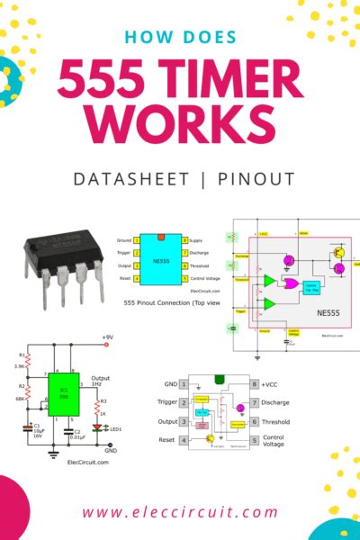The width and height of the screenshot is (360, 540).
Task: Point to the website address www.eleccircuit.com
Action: (x=180, y=512)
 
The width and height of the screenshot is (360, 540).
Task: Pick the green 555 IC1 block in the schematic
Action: (x=63, y=393)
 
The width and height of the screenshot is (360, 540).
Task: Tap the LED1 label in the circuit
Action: (x=114, y=428)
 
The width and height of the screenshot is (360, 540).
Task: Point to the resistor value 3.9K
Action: (x=21, y=366)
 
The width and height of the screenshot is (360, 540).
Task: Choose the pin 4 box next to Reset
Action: (x=184, y=440)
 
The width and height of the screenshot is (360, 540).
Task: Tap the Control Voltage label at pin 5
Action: (x=275, y=441)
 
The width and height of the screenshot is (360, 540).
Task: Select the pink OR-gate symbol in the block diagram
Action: (x=292, y=283)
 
